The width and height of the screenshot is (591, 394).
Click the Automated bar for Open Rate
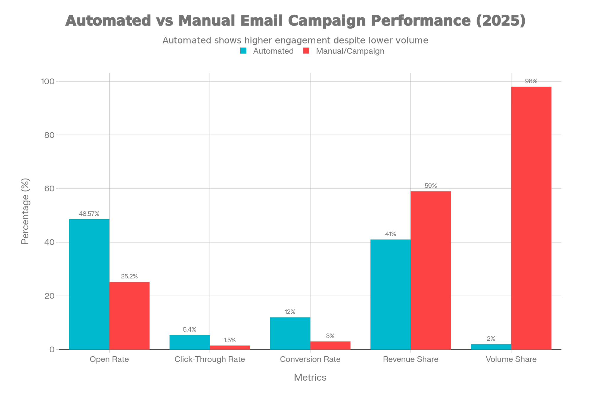[89, 284]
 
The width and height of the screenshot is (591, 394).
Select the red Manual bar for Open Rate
[129, 315]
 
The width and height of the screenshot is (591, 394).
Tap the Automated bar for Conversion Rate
[290, 333]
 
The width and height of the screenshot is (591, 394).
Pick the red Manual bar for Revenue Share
[431, 270]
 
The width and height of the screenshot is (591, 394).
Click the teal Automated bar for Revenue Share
[390, 294]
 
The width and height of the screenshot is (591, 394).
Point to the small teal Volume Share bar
[491, 347]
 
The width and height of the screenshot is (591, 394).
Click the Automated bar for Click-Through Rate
[190, 342]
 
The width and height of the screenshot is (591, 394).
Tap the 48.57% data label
[89, 214]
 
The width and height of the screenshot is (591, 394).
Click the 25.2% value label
[129, 276]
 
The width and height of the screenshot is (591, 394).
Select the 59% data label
[430, 186]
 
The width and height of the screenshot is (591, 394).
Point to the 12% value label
[290, 312]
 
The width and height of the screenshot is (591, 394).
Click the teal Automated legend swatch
[243, 51]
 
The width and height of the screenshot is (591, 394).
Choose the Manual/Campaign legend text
[350, 51]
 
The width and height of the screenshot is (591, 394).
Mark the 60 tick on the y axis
[49, 189]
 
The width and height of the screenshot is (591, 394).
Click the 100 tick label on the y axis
[48, 81]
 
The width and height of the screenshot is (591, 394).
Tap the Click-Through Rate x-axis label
[210, 359]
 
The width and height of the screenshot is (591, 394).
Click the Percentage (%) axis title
[25, 211]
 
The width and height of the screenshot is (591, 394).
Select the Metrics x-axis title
[310, 377]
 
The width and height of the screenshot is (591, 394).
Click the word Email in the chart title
[261, 21]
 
